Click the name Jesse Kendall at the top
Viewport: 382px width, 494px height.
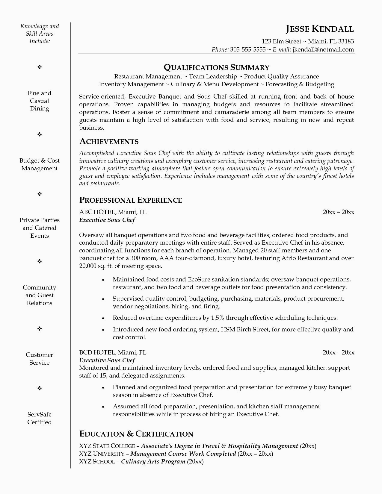coord(320,29)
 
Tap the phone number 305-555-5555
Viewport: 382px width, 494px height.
coord(248,49)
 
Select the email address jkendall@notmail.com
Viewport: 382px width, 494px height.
coord(323,49)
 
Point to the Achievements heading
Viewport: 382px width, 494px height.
coord(109,141)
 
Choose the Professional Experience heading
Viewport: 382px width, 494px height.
coord(130,200)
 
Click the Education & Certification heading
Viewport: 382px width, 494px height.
coord(136,434)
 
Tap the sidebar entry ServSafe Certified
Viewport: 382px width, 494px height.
coord(40,418)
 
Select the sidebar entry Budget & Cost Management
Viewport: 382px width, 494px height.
coord(40,164)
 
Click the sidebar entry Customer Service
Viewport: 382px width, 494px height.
coord(40,359)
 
